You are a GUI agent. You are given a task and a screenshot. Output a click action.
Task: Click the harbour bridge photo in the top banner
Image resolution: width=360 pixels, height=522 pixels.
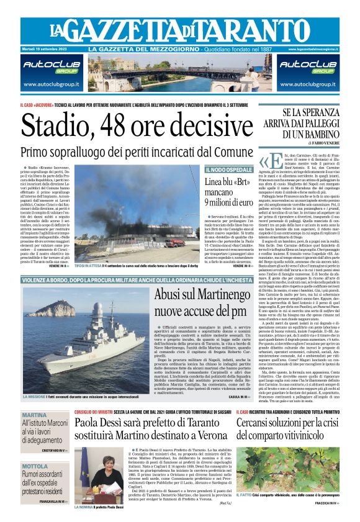(x=179, y=72)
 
